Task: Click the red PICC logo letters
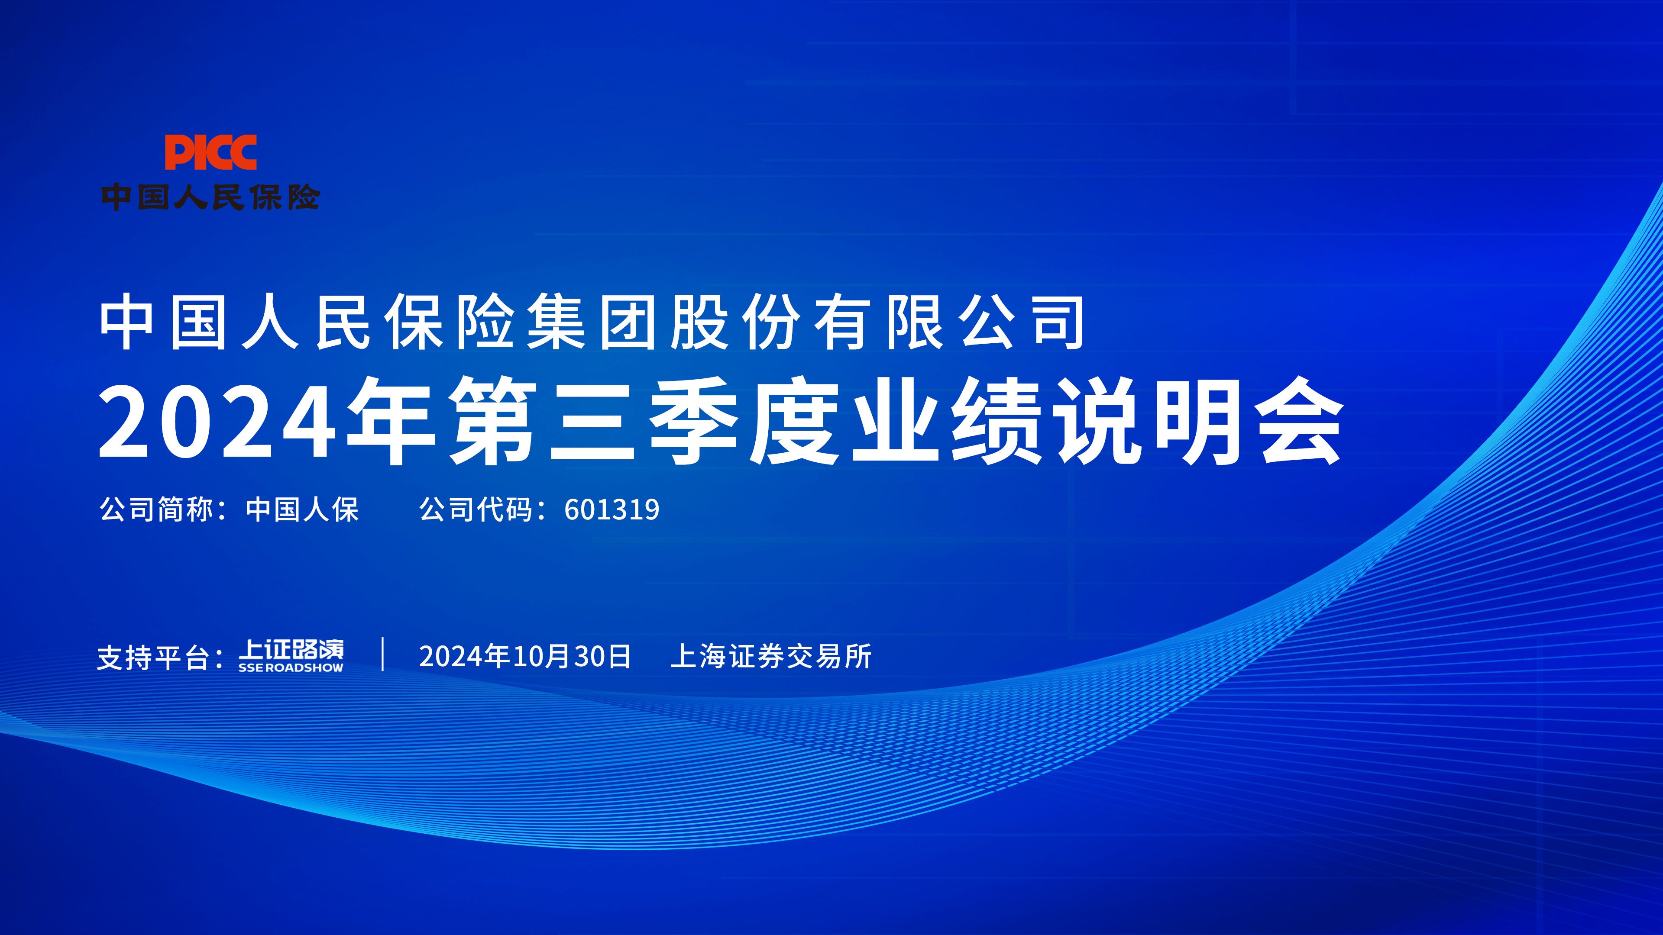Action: (210, 153)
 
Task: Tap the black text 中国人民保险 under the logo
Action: (210, 197)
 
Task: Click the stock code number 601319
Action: (611, 510)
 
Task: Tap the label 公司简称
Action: (156, 510)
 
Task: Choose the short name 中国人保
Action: (302, 510)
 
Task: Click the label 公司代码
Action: (476, 510)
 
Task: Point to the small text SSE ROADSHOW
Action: (291, 668)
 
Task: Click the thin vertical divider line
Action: (383, 654)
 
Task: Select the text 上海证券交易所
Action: (771, 656)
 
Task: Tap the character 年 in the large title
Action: (391, 422)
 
